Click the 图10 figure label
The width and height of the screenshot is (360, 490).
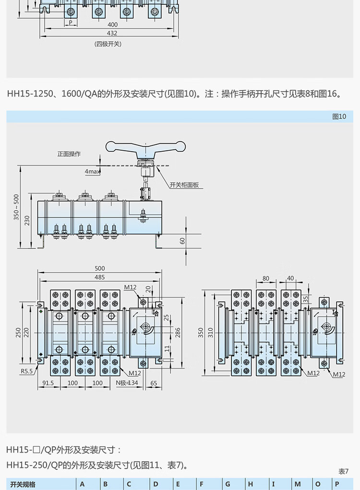tap(339, 117)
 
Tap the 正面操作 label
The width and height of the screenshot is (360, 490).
tap(69, 154)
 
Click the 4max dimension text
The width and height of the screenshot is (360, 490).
tap(92, 171)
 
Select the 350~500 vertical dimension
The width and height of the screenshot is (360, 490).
tap(16, 207)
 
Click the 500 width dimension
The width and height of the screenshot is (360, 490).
tap(100, 268)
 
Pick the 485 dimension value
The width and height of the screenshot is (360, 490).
tap(100, 277)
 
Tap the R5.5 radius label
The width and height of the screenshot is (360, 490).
tap(26, 371)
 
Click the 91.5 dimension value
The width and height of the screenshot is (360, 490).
tap(48, 383)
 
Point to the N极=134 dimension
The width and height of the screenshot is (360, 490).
tap(127, 383)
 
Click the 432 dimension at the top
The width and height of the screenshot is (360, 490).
tap(112, 33)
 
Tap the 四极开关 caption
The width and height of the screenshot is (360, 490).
tap(108, 44)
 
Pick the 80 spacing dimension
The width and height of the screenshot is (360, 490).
tap(266, 278)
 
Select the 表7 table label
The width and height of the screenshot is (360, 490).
tap(343, 471)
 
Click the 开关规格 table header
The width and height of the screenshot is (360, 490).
tap(23, 484)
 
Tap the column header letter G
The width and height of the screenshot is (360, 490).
tap(228, 484)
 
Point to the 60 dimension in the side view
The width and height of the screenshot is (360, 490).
tap(182, 241)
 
